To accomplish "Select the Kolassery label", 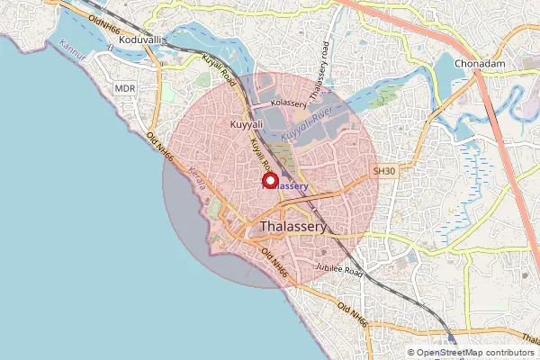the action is [x=289, y=104].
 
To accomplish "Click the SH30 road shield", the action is [x=384, y=169].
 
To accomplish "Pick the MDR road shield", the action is [x=124, y=88].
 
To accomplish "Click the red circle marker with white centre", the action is [x=269, y=181].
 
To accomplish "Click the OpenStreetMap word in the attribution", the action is [x=448, y=353].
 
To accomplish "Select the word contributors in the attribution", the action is [x=508, y=353].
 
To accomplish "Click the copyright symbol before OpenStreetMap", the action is [x=411, y=353].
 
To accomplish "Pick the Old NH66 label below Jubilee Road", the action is [x=353, y=314].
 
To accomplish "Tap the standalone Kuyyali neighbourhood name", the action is [x=246, y=123].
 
